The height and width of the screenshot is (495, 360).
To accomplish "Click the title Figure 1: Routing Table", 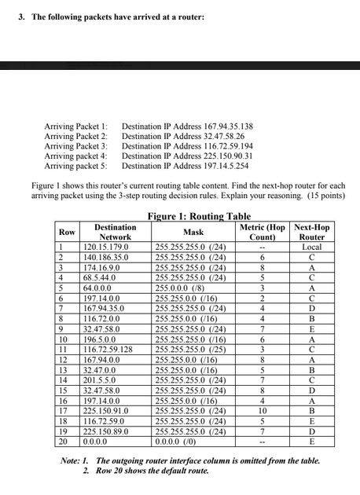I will pyautogui.click(x=199, y=216).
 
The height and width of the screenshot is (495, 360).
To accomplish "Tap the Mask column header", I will pyautogui.click(x=193, y=233).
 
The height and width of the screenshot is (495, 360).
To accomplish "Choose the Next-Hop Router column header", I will pyautogui.click(x=312, y=232).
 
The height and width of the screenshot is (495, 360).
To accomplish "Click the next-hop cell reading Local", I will pyautogui.click(x=312, y=247).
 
